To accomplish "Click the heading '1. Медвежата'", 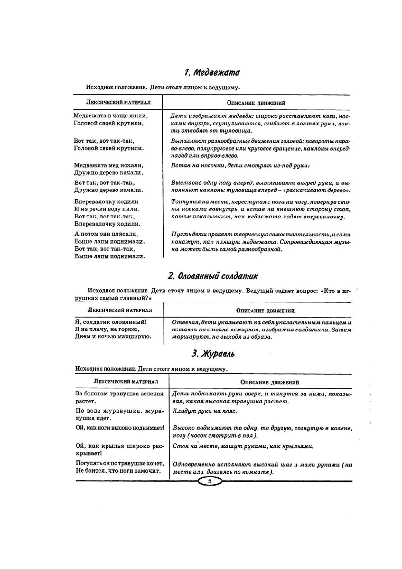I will (x=212, y=72).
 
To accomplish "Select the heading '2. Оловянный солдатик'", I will (x=213, y=276).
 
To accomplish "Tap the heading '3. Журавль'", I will (x=213, y=354).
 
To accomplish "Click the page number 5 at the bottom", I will (x=209, y=481).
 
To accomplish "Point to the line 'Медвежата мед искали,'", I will (x=108, y=165).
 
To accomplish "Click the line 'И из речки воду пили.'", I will (x=107, y=209).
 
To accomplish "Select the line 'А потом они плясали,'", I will (x=106, y=234).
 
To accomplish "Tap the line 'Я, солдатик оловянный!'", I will (x=111, y=322).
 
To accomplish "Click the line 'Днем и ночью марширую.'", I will (x=113, y=336).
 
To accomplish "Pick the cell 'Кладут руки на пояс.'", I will (x=205, y=411).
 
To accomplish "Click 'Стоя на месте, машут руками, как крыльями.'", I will (x=243, y=446).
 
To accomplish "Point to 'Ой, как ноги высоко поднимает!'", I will (x=120, y=428).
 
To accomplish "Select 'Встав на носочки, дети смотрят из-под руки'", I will (x=240, y=165).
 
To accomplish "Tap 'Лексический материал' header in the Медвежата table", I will (x=118, y=103).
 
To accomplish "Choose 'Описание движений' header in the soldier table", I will (x=265, y=310).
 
